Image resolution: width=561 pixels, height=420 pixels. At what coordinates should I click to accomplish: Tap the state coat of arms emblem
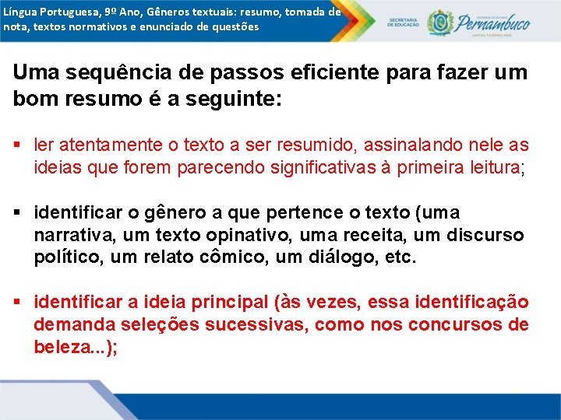(439, 23)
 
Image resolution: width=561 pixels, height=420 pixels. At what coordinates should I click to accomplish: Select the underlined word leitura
(492, 167)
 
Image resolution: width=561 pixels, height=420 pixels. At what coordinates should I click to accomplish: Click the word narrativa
(69, 235)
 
